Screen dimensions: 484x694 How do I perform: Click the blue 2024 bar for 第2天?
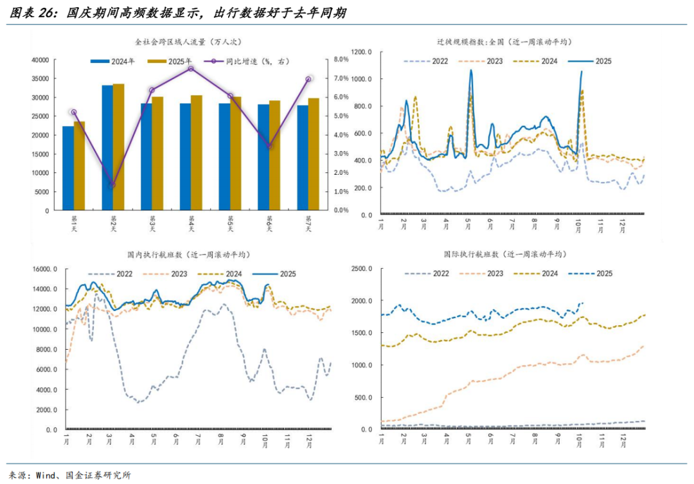107,148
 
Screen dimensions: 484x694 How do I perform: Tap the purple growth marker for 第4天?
191,68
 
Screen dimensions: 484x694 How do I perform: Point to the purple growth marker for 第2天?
112,185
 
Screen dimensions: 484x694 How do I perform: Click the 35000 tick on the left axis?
40,78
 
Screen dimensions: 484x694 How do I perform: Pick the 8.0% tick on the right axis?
340,60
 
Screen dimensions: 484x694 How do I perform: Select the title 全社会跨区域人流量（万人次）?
187,42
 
